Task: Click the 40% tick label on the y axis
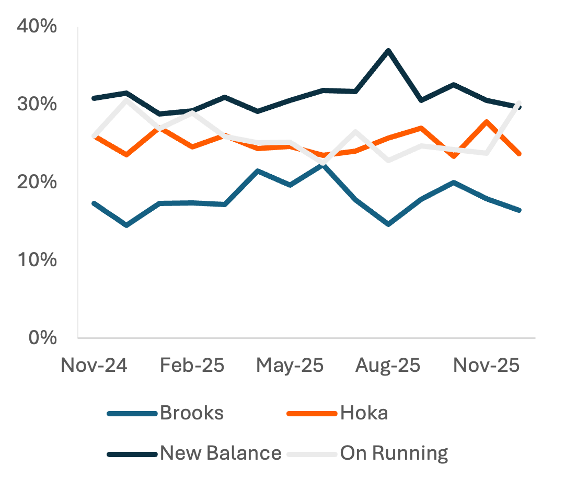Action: point(37,27)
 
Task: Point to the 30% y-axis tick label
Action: point(37,104)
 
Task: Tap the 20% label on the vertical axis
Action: point(37,182)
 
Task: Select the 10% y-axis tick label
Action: point(37,259)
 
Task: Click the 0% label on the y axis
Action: point(41,337)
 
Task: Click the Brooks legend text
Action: point(192,413)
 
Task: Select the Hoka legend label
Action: point(364,413)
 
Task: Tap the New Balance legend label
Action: point(221,452)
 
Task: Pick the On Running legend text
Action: point(394,452)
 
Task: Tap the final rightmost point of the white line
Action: point(519,103)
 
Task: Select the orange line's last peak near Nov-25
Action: point(487,121)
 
